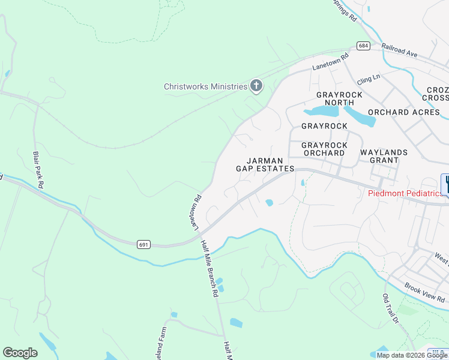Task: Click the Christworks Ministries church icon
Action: pyautogui.click(x=256, y=86)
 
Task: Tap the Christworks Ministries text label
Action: pyautogui.click(x=206, y=86)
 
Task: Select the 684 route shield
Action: pyautogui.click(x=363, y=46)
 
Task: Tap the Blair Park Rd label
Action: pyautogui.click(x=38, y=170)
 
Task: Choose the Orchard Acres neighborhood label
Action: pyautogui.click(x=404, y=112)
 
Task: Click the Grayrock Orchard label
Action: pyautogui.click(x=323, y=149)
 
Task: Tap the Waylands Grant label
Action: pyautogui.click(x=384, y=156)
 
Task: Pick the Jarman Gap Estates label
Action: pyautogui.click(x=264, y=164)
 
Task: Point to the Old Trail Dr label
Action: pyautogui.click(x=391, y=308)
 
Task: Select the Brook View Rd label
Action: pyautogui.click(x=424, y=293)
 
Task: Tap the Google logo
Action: pyautogui.click(x=20, y=353)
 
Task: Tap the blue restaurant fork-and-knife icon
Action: pyautogui.click(x=445, y=184)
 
